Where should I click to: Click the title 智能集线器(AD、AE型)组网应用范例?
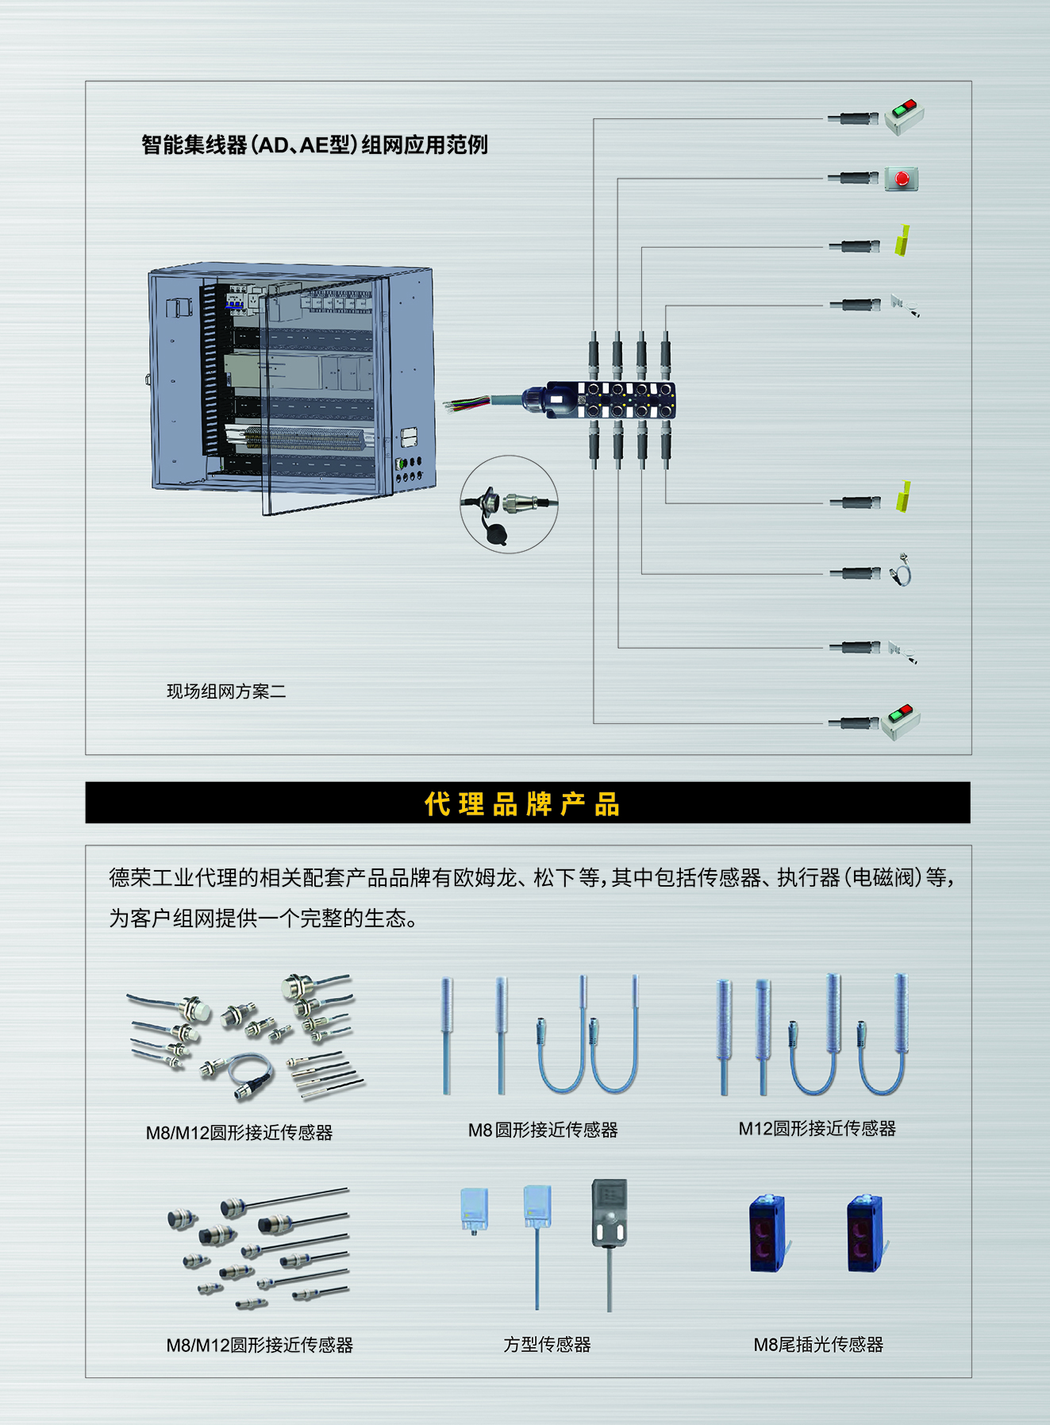(x=314, y=144)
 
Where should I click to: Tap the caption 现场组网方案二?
(x=226, y=691)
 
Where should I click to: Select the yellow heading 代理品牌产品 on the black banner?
(x=522, y=803)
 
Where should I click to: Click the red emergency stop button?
(x=902, y=179)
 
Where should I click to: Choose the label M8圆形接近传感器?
(x=543, y=1130)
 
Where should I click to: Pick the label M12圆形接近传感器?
(x=817, y=1128)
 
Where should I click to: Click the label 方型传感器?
(x=547, y=1344)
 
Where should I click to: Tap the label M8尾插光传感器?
(x=818, y=1344)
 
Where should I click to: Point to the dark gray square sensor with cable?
(x=609, y=1213)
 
